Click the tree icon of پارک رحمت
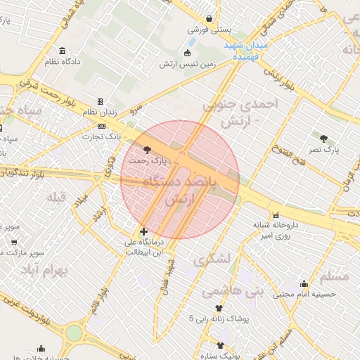[x=146, y=149]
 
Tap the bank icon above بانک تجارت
[x=102, y=126]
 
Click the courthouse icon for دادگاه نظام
[x=63, y=51]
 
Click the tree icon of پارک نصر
[x=323, y=139]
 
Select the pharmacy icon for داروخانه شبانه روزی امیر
[x=275, y=214]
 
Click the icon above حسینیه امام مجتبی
[x=304, y=285]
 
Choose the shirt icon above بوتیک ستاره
[x=221, y=345]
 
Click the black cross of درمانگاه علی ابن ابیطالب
[x=143, y=231]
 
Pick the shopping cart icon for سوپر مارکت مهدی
[x=14, y=241]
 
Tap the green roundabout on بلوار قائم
[x=74, y=333]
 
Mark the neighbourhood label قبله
[x=56, y=198]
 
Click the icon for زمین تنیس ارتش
[x=187, y=53]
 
